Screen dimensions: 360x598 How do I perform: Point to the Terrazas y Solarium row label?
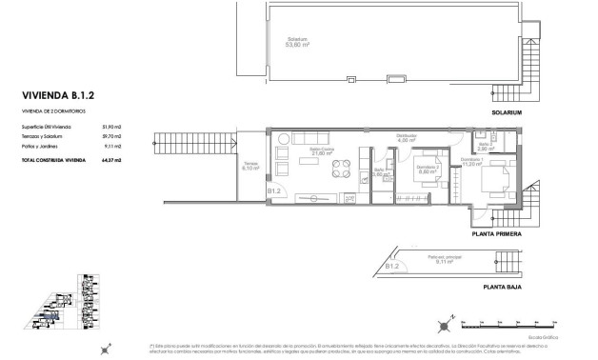[x=44, y=135]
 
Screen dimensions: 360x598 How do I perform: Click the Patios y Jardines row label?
[x=40, y=146]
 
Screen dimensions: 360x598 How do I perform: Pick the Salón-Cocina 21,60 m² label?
[x=321, y=152]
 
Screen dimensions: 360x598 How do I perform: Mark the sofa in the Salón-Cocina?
[x=284, y=154]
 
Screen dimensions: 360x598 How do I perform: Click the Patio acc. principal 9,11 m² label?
[x=436, y=260]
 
